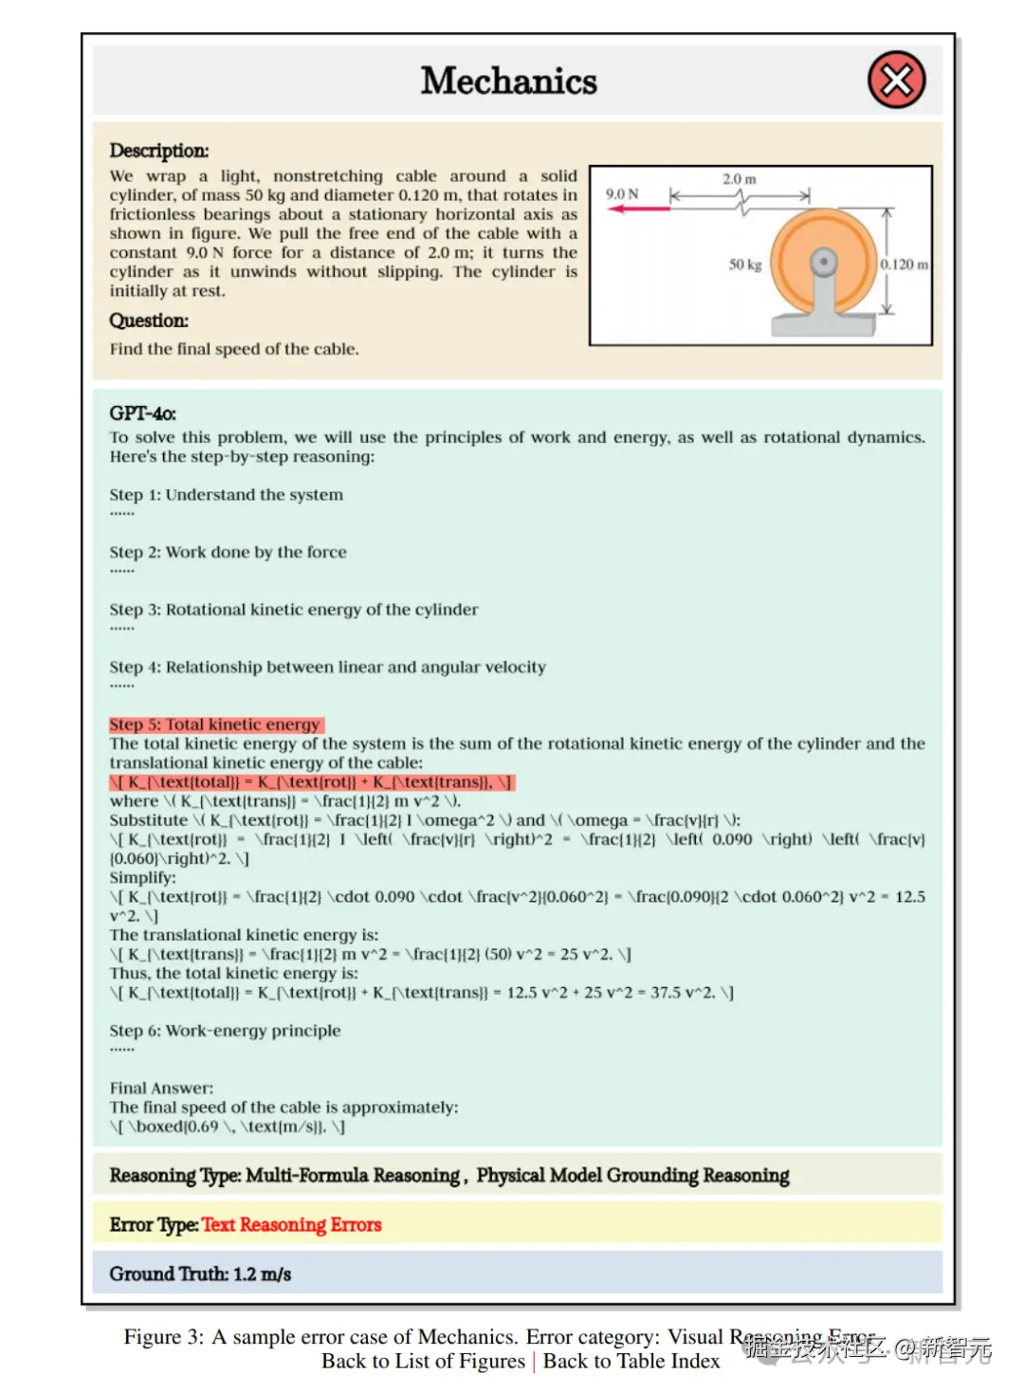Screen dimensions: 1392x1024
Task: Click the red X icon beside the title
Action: [896, 81]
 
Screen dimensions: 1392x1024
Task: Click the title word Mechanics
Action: [509, 82]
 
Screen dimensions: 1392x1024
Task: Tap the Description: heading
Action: [159, 151]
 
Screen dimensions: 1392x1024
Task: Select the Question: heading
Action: [149, 321]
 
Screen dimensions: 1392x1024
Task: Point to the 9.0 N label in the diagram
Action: [622, 193]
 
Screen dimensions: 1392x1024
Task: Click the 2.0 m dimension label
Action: [740, 179]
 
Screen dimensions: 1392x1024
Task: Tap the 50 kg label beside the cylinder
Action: [744, 265]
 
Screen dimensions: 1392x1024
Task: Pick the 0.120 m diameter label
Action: [904, 265]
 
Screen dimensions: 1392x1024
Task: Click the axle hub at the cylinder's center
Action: [823, 261]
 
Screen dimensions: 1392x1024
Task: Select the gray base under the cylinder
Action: [822, 324]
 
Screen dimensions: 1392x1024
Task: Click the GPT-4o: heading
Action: [142, 413]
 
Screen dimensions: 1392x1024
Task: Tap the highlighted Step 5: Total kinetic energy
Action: [216, 724]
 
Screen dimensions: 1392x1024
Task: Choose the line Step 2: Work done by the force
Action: [228, 552]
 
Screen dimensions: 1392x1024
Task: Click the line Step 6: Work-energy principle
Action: [225, 1031]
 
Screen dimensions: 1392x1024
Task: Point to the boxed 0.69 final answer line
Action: [227, 1126]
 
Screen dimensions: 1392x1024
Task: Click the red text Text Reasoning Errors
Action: [291, 1224]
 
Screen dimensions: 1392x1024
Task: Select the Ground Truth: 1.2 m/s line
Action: [200, 1273]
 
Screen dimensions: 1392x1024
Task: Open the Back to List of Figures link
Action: [423, 1362]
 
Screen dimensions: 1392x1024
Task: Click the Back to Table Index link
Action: [631, 1362]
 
